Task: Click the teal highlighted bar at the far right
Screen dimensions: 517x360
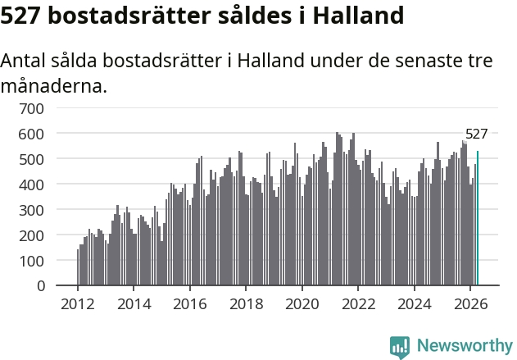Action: pos(478,218)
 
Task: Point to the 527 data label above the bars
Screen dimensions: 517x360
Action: pos(476,134)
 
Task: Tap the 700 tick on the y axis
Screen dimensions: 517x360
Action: pos(31,109)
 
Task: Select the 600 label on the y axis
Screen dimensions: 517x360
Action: pos(31,134)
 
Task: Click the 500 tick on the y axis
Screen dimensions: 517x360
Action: pos(31,160)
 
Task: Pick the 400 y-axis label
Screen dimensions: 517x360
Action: pos(31,185)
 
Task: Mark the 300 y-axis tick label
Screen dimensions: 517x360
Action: pos(31,211)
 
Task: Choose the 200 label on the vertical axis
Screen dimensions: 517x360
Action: pos(31,236)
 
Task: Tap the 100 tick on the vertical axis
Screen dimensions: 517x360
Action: pos(31,262)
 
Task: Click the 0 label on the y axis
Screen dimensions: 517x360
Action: pos(40,286)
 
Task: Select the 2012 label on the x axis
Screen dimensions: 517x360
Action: pos(78,304)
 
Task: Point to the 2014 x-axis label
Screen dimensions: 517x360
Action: pos(134,304)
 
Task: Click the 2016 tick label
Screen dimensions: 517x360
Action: pos(190,304)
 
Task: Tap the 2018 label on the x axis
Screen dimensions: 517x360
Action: pos(247,304)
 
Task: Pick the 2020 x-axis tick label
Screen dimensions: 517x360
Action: pos(302,304)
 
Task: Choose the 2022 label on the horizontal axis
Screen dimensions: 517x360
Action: pos(358,304)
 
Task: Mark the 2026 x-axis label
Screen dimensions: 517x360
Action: pos(470,304)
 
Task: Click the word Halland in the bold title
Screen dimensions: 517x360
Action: pos(358,16)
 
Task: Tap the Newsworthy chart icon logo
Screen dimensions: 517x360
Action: pos(400,347)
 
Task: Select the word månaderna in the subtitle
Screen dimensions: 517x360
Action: pos(54,86)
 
